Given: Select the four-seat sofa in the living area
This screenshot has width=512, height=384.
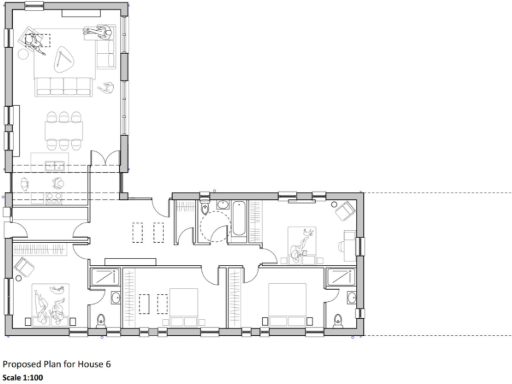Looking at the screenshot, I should [63, 85].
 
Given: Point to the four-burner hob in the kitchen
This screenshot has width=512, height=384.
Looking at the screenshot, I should [54, 197].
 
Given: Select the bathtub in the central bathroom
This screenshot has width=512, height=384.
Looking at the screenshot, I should [239, 218].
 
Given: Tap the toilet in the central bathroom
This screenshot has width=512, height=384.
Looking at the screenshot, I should [205, 209].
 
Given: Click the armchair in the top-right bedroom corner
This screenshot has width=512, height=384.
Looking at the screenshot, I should [345, 211].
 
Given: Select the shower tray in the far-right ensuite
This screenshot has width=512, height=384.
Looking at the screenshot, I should [341, 277].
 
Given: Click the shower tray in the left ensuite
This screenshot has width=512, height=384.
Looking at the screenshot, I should [104, 277].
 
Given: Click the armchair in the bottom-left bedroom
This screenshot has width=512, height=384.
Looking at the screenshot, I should [25, 267].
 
